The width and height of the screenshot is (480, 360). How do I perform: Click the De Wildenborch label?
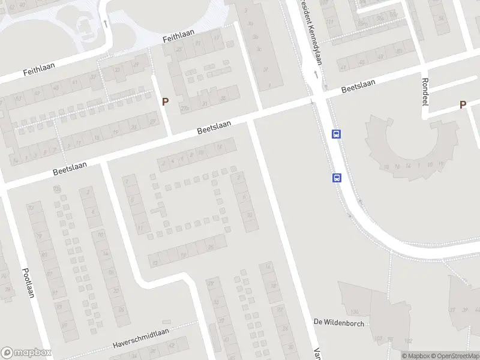(x=339, y=322)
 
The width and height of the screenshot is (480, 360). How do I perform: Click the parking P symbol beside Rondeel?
(x=463, y=104)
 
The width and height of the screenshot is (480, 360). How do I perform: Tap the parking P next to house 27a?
(x=164, y=102)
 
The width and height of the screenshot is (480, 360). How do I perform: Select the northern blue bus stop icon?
(x=337, y=134)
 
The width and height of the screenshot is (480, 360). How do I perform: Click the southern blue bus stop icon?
(x=337, y=178)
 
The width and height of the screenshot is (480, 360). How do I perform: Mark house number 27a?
(x=185, y=108)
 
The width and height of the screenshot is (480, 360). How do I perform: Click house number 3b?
(x=256, y=37)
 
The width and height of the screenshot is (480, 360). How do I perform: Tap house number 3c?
(x=259, y=49)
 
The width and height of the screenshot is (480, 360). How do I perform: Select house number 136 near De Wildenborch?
(x=355, y=312)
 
